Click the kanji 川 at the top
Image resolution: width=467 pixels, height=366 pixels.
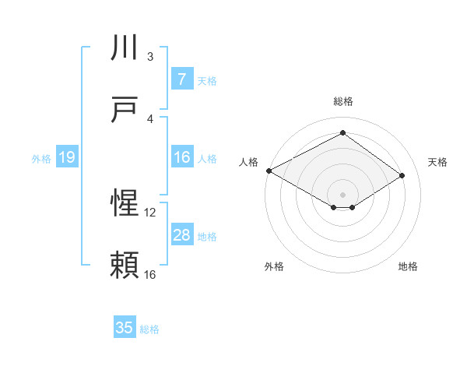125,48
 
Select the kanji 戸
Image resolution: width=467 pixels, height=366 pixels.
125,111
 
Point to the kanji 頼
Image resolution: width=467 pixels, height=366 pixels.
125,266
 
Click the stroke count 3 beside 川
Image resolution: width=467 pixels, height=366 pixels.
150,56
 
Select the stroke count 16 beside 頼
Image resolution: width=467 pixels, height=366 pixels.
150,274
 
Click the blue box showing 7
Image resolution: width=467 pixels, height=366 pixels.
181,79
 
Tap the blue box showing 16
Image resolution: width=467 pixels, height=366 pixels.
181,158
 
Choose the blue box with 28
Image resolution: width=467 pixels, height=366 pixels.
181,235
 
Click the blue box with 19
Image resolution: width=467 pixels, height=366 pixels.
66,158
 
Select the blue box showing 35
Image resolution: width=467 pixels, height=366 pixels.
125,328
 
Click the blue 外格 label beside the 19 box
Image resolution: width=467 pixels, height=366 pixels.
41,159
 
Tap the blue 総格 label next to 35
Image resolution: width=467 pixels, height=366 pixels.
149,329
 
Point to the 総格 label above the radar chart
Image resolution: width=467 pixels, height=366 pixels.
342,101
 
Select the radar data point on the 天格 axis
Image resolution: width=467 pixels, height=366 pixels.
402,176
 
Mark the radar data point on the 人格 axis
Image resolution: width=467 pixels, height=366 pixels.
269,170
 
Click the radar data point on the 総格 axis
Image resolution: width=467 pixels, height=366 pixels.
342,133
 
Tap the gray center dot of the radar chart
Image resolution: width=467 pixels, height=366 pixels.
342,194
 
